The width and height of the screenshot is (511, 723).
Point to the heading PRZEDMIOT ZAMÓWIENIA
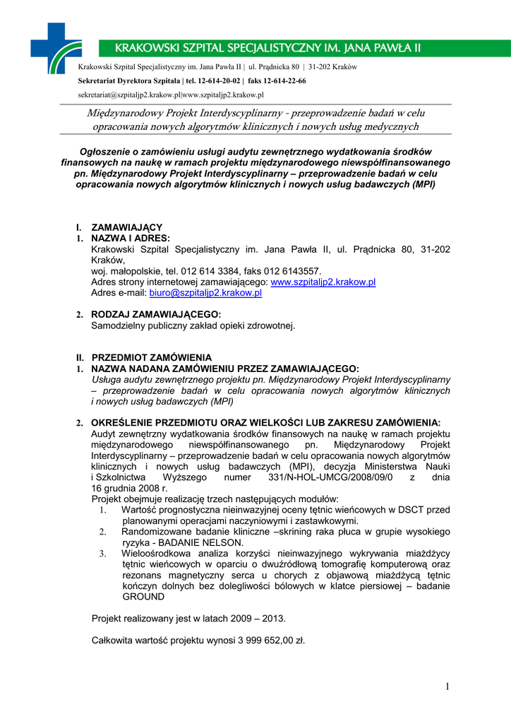click(x=152, y=357)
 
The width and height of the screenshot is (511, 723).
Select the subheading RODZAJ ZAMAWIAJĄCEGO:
click(x=156, y=314)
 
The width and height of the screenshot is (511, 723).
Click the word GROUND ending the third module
click(x=143, y=596)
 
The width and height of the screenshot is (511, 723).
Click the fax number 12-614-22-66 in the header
click(x=282, y=81)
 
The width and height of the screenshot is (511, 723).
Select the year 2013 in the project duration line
click(x=272, y=618)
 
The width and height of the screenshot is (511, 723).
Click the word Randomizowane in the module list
click(x=155, y=532)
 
